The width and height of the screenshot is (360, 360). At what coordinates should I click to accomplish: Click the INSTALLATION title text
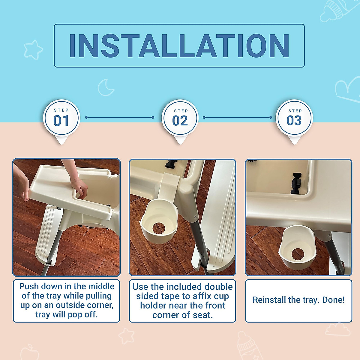pyautogui.click(x=179, y=46)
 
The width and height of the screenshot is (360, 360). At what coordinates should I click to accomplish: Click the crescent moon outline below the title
pyautogui.click(x=106, y=87)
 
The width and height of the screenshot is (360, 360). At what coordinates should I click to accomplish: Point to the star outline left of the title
pyautogui.click(x=33, y=49)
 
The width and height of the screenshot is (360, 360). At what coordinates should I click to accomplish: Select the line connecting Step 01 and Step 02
pyautogui.click(x=119, y=118)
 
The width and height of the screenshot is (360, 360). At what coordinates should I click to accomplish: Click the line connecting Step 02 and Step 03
pyautogui.click(x=237, y=118)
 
